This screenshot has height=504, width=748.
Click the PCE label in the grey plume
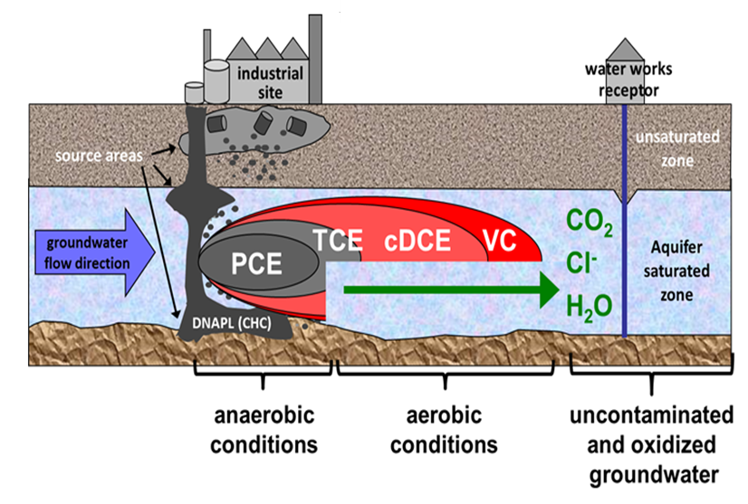(x=256, y=263)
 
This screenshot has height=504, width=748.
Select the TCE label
(x=338, y=241)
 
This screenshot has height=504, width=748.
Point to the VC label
(x=500, y=242)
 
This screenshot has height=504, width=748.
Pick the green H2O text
(x=589, y=306)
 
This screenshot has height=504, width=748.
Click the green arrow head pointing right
(x=543, y=290)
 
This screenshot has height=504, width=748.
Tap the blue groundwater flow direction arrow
(x=87, y=252)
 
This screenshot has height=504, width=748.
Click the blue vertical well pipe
(x=626, y=226)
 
